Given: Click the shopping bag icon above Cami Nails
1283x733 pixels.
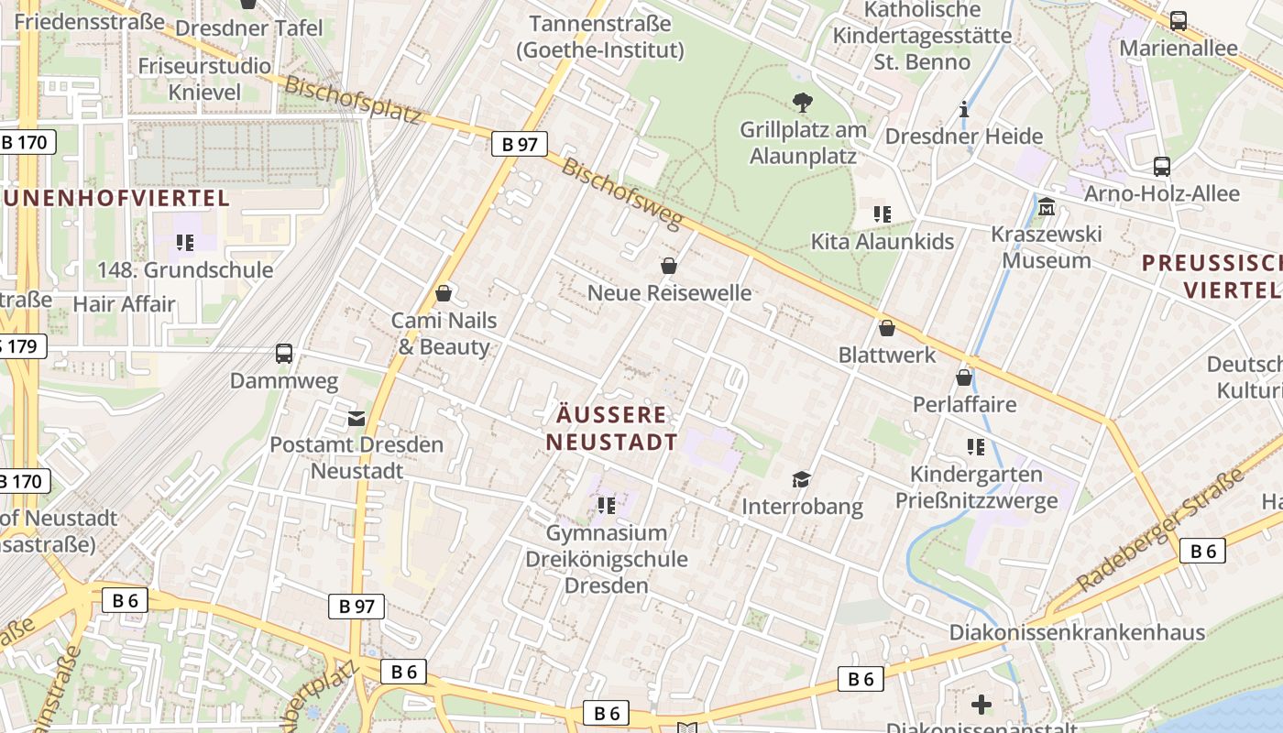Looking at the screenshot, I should [x=444, y=293].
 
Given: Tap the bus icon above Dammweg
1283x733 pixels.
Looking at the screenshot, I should [x=284, y=353].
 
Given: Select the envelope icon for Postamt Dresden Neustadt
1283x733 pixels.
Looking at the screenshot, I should [x=356, y=419].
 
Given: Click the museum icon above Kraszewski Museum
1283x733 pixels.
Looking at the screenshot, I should [x=1047, y=207].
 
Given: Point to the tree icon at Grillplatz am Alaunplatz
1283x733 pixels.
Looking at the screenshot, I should [x=803, y=102].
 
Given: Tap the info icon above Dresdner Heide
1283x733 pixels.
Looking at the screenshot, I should [x=963, y=110].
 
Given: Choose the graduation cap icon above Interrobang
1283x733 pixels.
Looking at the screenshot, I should [x=802, y=479].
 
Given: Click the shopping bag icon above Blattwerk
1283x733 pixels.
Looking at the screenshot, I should [x=886, y=328].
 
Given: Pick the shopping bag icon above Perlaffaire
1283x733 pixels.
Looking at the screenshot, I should [x=964, y=377].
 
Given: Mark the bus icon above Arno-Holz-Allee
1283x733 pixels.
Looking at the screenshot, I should [x=1162, y=167].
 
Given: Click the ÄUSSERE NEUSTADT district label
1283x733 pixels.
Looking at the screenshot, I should [x=612, y=428].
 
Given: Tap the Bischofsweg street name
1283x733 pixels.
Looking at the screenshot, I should [x=623, y=193].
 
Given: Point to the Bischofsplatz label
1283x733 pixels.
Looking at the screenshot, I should [x=353, y=100].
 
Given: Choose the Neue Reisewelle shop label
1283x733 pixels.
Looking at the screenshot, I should [x=669, y=293].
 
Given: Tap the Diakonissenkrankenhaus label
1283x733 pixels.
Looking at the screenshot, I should [x=1077, y=632].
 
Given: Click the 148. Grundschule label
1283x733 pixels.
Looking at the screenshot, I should [x=185, y=270].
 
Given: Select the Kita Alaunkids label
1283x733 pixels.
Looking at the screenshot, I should [x=883, y=242].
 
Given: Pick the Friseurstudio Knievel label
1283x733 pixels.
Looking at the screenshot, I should [x=204, y=79].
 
